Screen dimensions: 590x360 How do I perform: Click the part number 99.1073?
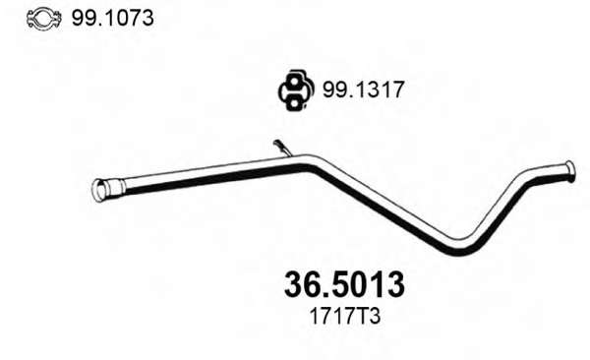(x=112, y=18)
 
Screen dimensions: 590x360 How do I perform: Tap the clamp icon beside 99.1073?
(x=43, y=19)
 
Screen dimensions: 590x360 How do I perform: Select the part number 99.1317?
(x=363, y=90)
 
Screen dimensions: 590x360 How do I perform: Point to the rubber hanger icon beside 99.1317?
(x=296, y=90)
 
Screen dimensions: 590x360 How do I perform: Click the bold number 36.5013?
(x=344, y=284)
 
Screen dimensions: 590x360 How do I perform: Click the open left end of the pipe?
(x=100, y=190)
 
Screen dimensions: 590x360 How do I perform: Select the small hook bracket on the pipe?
(x=282, y=148)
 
